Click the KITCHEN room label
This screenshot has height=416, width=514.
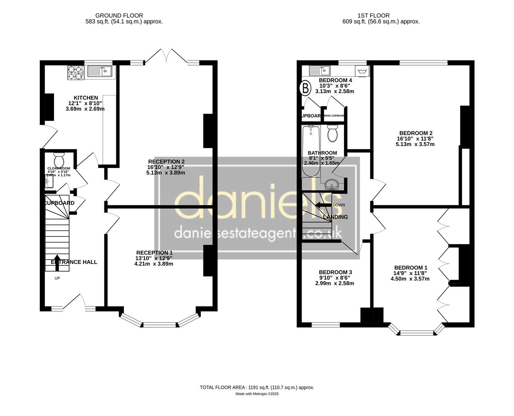point(86,98)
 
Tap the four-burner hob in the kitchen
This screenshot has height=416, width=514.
point(76,73)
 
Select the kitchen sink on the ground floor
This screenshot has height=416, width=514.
point(99,71)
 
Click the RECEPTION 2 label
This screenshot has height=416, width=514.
point(166,161)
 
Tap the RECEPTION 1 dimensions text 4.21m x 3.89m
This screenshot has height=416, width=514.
point(154,264)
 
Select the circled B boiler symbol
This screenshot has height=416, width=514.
point(305,88)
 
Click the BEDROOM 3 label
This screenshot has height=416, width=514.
point(335,272)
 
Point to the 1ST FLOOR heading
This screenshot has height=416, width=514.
point(373,16)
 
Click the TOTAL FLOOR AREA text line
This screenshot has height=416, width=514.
point(257,387)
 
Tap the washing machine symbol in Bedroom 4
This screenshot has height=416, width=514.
point(362,71)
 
